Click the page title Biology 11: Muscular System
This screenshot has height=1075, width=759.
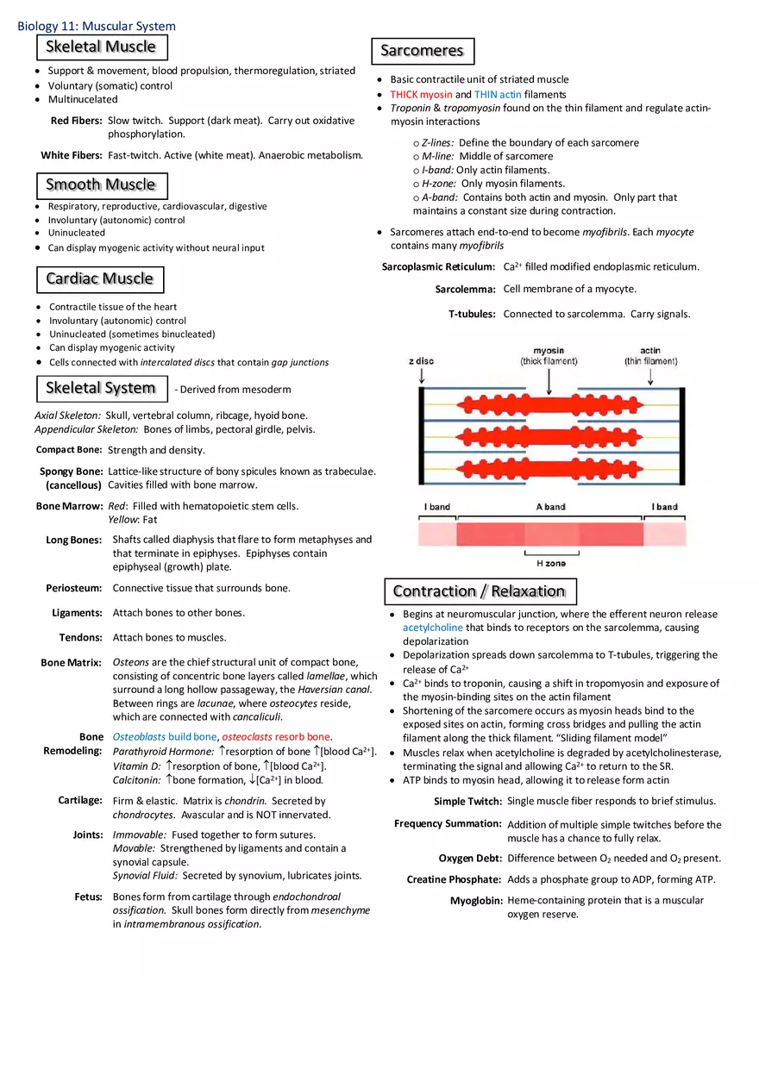pos(97,27)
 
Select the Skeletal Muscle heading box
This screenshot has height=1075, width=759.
pos(102,47)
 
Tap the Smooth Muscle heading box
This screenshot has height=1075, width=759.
pos(102,185)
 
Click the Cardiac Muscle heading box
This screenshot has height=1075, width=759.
pos(100,279)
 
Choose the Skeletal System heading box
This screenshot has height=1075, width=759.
pos(101,389)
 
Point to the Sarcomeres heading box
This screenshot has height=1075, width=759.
pos(423,51)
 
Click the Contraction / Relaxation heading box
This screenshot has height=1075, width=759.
pos(480,591)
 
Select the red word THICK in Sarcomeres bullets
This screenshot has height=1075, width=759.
pos(404,95)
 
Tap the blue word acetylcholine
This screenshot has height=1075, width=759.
pos(432,628)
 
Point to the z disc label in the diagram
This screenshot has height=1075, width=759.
pos(421,361)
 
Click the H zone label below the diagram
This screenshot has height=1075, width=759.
pos(551,564)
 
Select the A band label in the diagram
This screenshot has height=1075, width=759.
pos(550,507)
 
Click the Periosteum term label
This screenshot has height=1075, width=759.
pos(73,588)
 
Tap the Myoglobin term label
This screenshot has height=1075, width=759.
pos(475,901)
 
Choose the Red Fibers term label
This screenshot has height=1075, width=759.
pos(76,122)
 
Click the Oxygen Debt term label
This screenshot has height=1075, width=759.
pos(469,859)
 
